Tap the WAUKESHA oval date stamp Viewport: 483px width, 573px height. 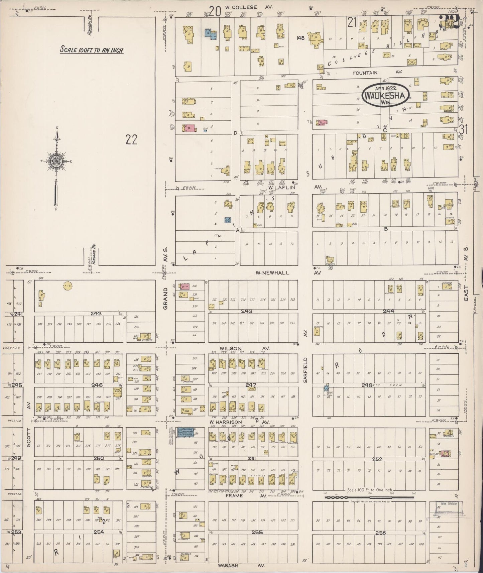[x=385, y=96]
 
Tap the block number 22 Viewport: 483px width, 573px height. [x=131, y=139]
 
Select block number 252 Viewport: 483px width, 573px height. [x=377, y=459]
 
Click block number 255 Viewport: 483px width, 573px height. [x=257, y=533]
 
